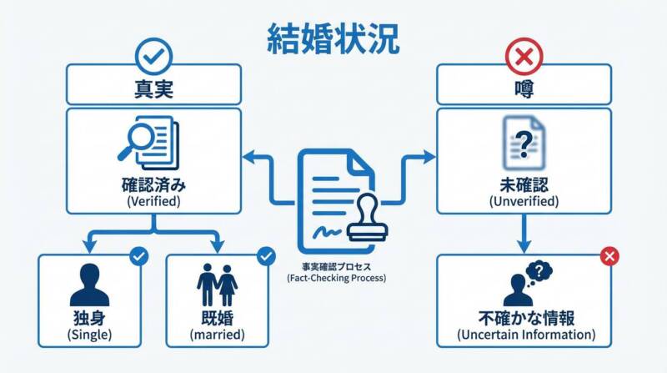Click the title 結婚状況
click(x=333, y=38)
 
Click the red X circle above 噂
click(x=523, y=58)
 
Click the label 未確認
click(x=523, y=185)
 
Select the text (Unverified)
click(x=523, y=202)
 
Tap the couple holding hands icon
click(x=217, y=285)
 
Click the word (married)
click(x=217, y=335)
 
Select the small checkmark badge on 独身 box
click(x=139, y=255)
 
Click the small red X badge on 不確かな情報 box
click(x=609, y=255)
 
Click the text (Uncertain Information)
click(x=526, y=335)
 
